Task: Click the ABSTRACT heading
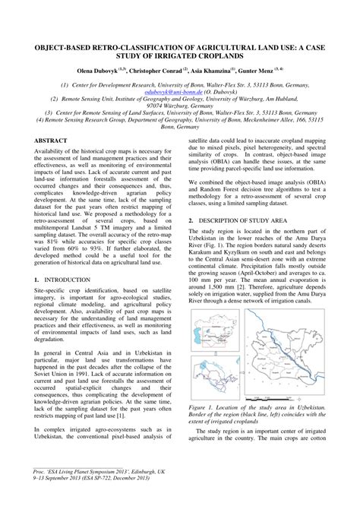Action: click(51, 141)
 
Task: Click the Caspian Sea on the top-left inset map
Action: click(197, 343)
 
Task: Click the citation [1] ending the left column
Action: click(141, 413)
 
